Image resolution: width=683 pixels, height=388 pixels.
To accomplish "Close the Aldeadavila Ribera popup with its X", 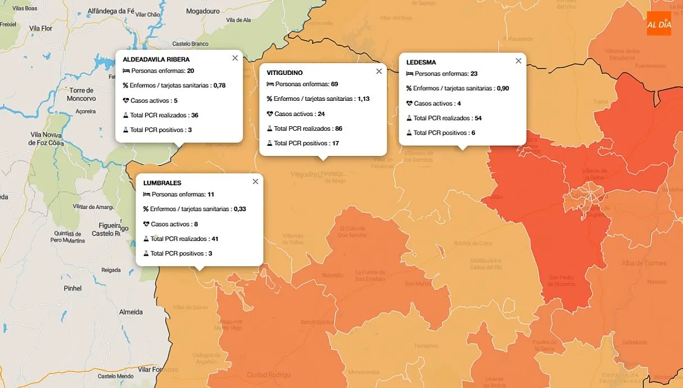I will pyautogui.click(x=235, y=58).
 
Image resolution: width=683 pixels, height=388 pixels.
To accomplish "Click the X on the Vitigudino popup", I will pyautogui.click(x=379, y=72).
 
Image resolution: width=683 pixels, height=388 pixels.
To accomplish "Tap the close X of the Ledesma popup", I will pyautogui.click(x=518, y=61).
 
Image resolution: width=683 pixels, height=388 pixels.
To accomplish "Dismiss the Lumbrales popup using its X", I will pyautogui.click(x=255, y=181).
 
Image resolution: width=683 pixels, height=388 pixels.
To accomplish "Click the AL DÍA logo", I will pyautogui.click(x=659, y=24).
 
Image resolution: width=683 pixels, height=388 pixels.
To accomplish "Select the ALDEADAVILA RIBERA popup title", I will pyautogui.click(x=156, y=59).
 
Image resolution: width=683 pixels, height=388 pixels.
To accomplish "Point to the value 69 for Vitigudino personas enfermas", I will pyautogui.click(x=334, y=84).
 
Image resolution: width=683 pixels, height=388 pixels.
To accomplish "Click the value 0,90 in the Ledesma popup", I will pyautogui.click(x=503, y=88).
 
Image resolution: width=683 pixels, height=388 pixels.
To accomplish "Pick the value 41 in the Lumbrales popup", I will pyautogui.click(x=215, y=239).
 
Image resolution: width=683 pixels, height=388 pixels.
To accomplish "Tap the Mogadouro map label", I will pyautogui.click(x=203, y=11).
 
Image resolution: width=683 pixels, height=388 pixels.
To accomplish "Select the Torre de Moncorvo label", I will pyautogui.click(x=82, y=94).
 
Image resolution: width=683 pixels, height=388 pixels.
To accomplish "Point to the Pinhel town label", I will pyautogui.click(x=73, y=288).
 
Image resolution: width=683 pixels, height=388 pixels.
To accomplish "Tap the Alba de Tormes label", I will pyautogui.click(x=644, y=263).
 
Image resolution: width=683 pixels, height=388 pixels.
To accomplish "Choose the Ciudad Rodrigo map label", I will pyautogui.click(x=269, y=374).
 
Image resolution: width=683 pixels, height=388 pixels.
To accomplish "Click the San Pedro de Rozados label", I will pyautogui.click(x=562, y=280).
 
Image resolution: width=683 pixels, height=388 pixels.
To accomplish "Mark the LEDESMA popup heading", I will pyautogui.click(x=421, y=63).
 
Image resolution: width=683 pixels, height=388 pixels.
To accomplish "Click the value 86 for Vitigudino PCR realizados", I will pyautogui.click(x=338, y=128).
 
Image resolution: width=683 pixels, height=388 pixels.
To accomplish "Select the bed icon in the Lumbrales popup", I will pyautogui.click(x=147, y=194).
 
